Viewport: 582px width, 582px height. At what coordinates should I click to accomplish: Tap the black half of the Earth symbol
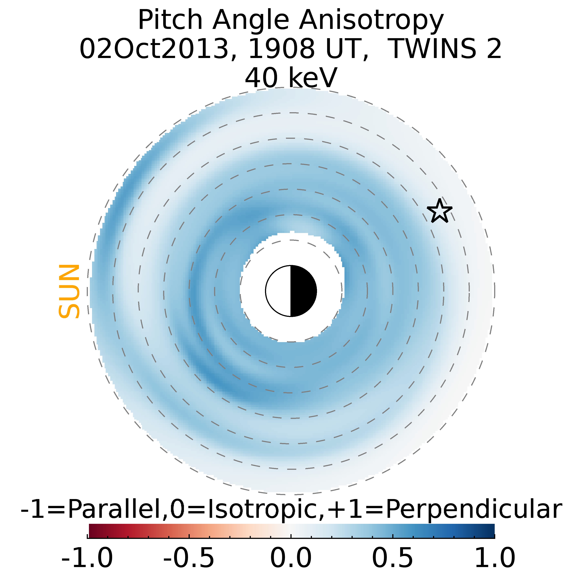[303, 291]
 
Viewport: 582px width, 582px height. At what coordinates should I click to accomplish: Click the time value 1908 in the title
[281, 49]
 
